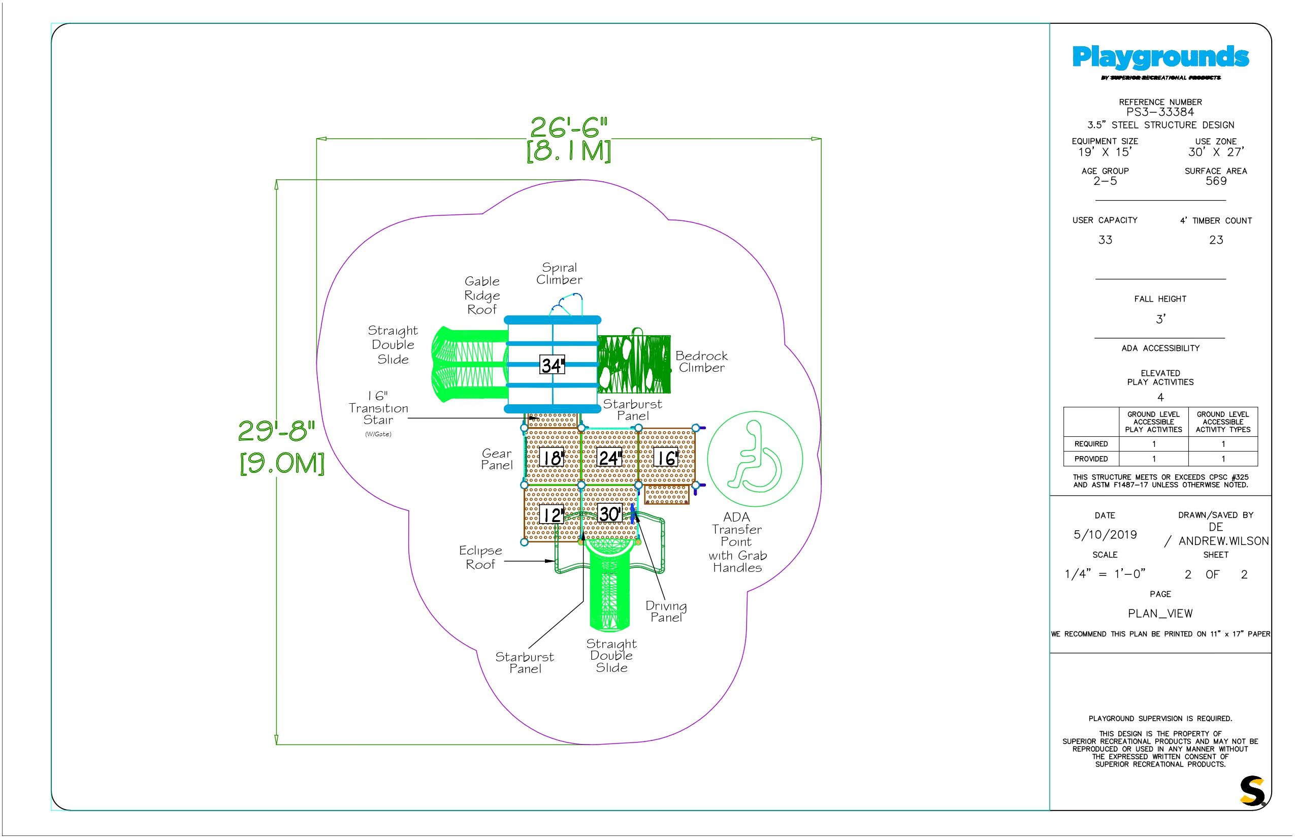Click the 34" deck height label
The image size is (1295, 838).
tap(553, 365)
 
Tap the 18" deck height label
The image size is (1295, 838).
tap(553, 458)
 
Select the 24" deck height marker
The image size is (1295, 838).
tap(609, 458)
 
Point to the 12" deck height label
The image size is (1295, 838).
tap(552, 514)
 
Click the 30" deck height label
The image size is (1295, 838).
tap(610, 513)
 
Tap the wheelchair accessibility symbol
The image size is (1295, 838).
tap(755, 459)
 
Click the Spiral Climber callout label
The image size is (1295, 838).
tap(559, 274)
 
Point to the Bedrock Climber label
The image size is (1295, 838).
tap(701, 361)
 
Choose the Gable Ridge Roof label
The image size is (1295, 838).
tap(482, 296)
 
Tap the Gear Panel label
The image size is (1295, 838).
tap(497, 459)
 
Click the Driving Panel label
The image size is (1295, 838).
tap(666, 611)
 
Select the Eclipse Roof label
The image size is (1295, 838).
tap(480, 557)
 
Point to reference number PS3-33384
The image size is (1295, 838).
tap(1160, 112)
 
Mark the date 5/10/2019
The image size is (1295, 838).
tap(1105, 534)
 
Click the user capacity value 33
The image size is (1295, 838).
tap(1105, 240)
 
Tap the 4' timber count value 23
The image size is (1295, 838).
tap(1216, 240)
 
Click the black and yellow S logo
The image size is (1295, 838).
tap(1252, 791)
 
